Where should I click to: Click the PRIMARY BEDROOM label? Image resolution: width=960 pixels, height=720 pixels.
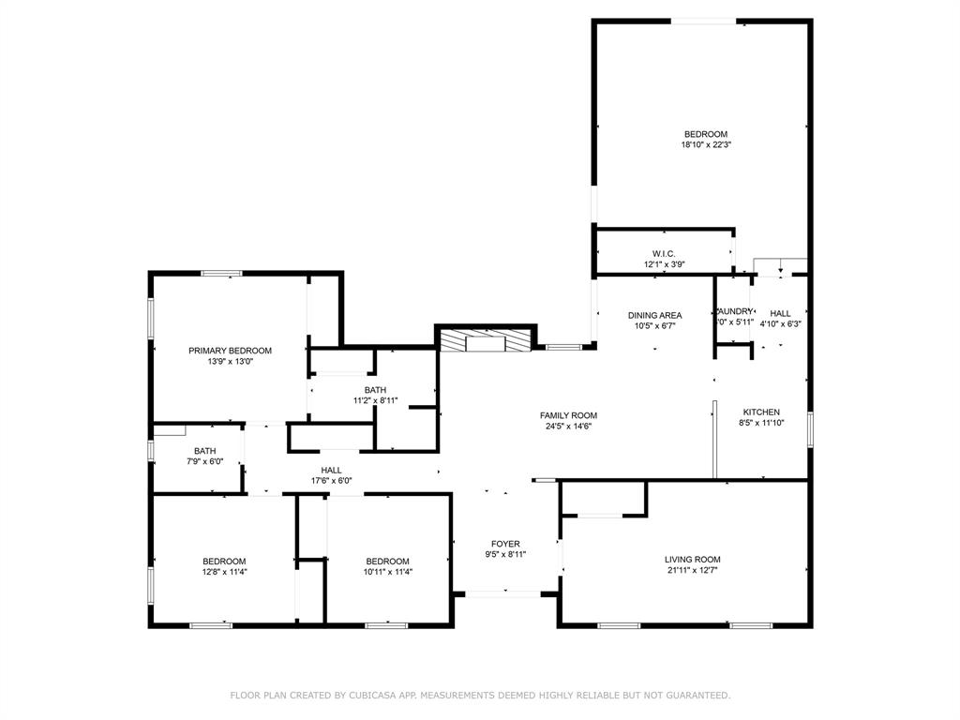[x=230, y=351]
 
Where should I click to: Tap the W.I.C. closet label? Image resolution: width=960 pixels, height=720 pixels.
[x=664, y=253]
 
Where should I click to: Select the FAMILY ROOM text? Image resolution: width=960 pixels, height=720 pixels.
[x=568, y=415]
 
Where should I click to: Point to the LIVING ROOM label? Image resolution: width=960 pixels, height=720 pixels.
[x=693, y=559]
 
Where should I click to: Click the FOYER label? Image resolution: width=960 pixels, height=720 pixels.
[x=505, y=544]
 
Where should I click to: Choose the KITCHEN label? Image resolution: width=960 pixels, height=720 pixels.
[x=761, y=412]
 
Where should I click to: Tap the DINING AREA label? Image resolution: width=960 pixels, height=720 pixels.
[x=654, y=315]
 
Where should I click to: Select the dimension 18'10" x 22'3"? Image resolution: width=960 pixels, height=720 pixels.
[x=705, y=145]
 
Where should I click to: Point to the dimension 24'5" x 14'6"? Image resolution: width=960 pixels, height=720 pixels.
[x=568, y=427]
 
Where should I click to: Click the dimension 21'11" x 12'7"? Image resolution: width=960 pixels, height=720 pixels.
[x=693, y=571]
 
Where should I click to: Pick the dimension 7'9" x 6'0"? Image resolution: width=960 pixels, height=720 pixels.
[x=204, y=461]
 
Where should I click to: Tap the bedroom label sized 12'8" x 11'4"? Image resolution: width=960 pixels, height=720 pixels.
[x=224, y=561]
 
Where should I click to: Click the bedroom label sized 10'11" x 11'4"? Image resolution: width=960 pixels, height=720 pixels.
[x=387, y=561]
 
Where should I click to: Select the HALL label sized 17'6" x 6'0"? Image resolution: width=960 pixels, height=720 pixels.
[x=331, y=470]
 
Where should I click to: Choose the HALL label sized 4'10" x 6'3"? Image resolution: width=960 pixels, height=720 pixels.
[x=780, y=313]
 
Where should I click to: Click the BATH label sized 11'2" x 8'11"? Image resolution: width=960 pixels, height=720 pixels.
[x=375, y=390]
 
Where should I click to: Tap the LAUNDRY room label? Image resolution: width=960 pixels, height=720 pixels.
[x=734, y=311]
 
